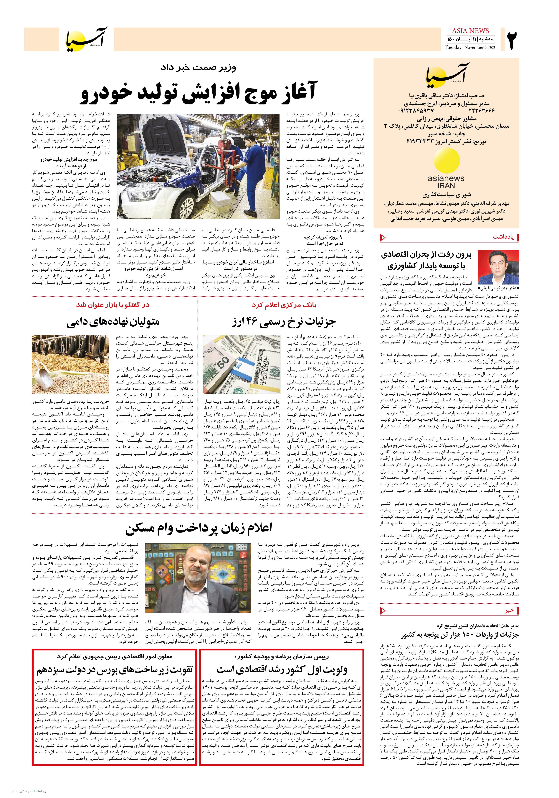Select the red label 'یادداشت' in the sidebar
pos(503,237)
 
